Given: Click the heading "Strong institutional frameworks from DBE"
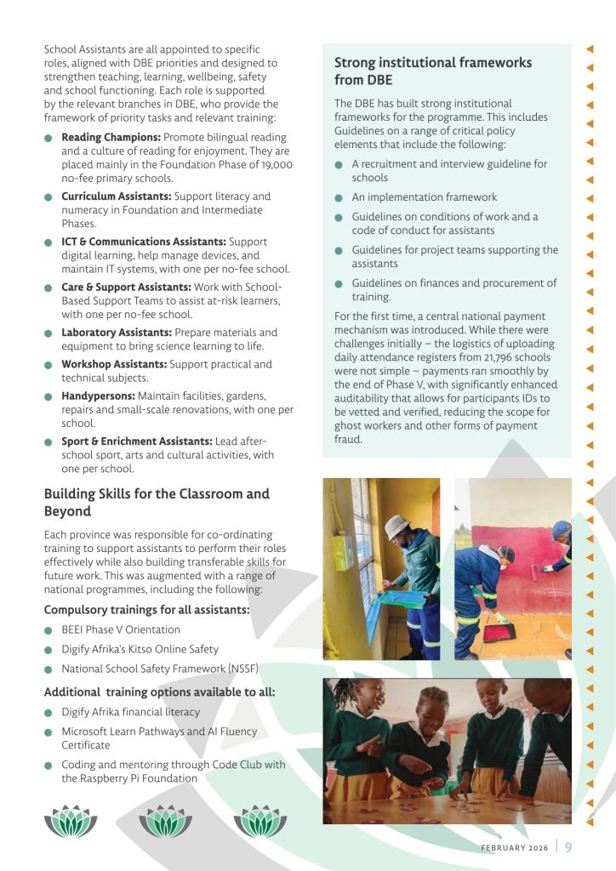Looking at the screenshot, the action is [433, 71].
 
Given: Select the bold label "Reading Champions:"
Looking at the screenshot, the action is [111, 137].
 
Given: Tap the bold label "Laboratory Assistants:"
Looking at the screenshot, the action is [116, 333].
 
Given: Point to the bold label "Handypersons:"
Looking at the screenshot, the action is [98, 396].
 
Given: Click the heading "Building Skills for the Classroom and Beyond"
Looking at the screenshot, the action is [157, 502].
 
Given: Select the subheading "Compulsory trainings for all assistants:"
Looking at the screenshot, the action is [146, 609].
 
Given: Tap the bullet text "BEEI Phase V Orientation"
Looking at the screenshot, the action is [121, 629].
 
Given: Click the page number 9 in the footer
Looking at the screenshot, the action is [568, 846].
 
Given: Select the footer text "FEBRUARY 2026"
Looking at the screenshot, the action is [514, 847].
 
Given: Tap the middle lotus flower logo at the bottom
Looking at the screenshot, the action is [165, 821].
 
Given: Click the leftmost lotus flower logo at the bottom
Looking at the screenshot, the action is [71, 821].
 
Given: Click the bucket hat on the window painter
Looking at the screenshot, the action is [396, 527].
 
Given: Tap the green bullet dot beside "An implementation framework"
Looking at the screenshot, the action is [339, 197].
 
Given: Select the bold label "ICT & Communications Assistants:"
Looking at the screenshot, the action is [144, 242].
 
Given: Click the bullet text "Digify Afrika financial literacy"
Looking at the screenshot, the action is [130, 712].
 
